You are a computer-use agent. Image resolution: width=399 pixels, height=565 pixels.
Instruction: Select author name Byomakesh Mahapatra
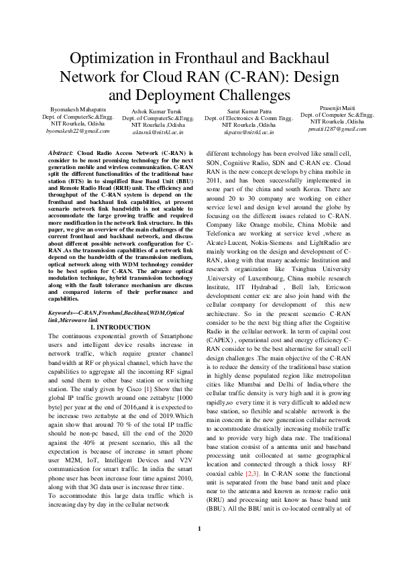click(77, 109)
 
